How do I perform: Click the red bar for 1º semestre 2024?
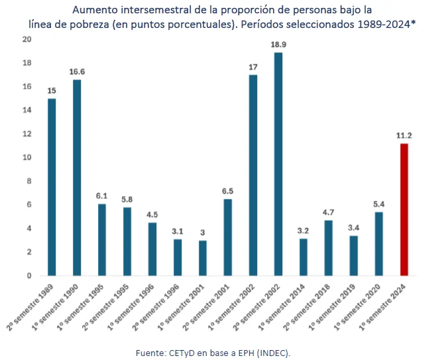(x=404, y=210)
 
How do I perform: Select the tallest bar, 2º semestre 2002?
(x=278, y=164)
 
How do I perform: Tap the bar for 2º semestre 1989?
(x=52, y=187)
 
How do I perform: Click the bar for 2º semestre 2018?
(x=328, y=248)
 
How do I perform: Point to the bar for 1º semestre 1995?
(x=102, y=239)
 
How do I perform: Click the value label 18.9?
(x=278, y=44)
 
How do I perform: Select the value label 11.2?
(x=404, y=135)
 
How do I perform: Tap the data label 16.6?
(x=77, y=72)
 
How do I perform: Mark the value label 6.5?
(x=227, y=191)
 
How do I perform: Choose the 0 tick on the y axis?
(x=28, y=276)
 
